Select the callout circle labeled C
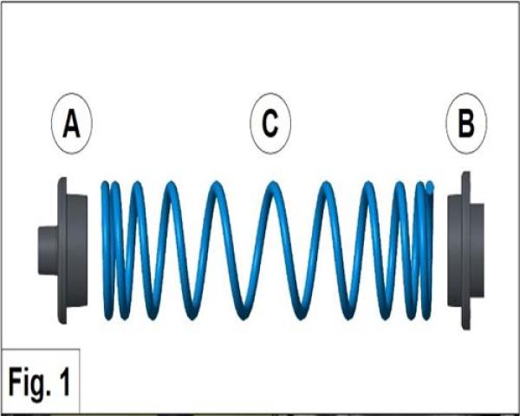[x=270, y=124]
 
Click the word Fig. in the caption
[x=31, y=380]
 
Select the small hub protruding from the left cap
[x=47, y=250]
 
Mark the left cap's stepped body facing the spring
[x=77, y=250]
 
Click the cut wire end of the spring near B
[x=430, y=185]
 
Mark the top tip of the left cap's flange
[x=62, y=181]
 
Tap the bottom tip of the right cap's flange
[x=466, y=325]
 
